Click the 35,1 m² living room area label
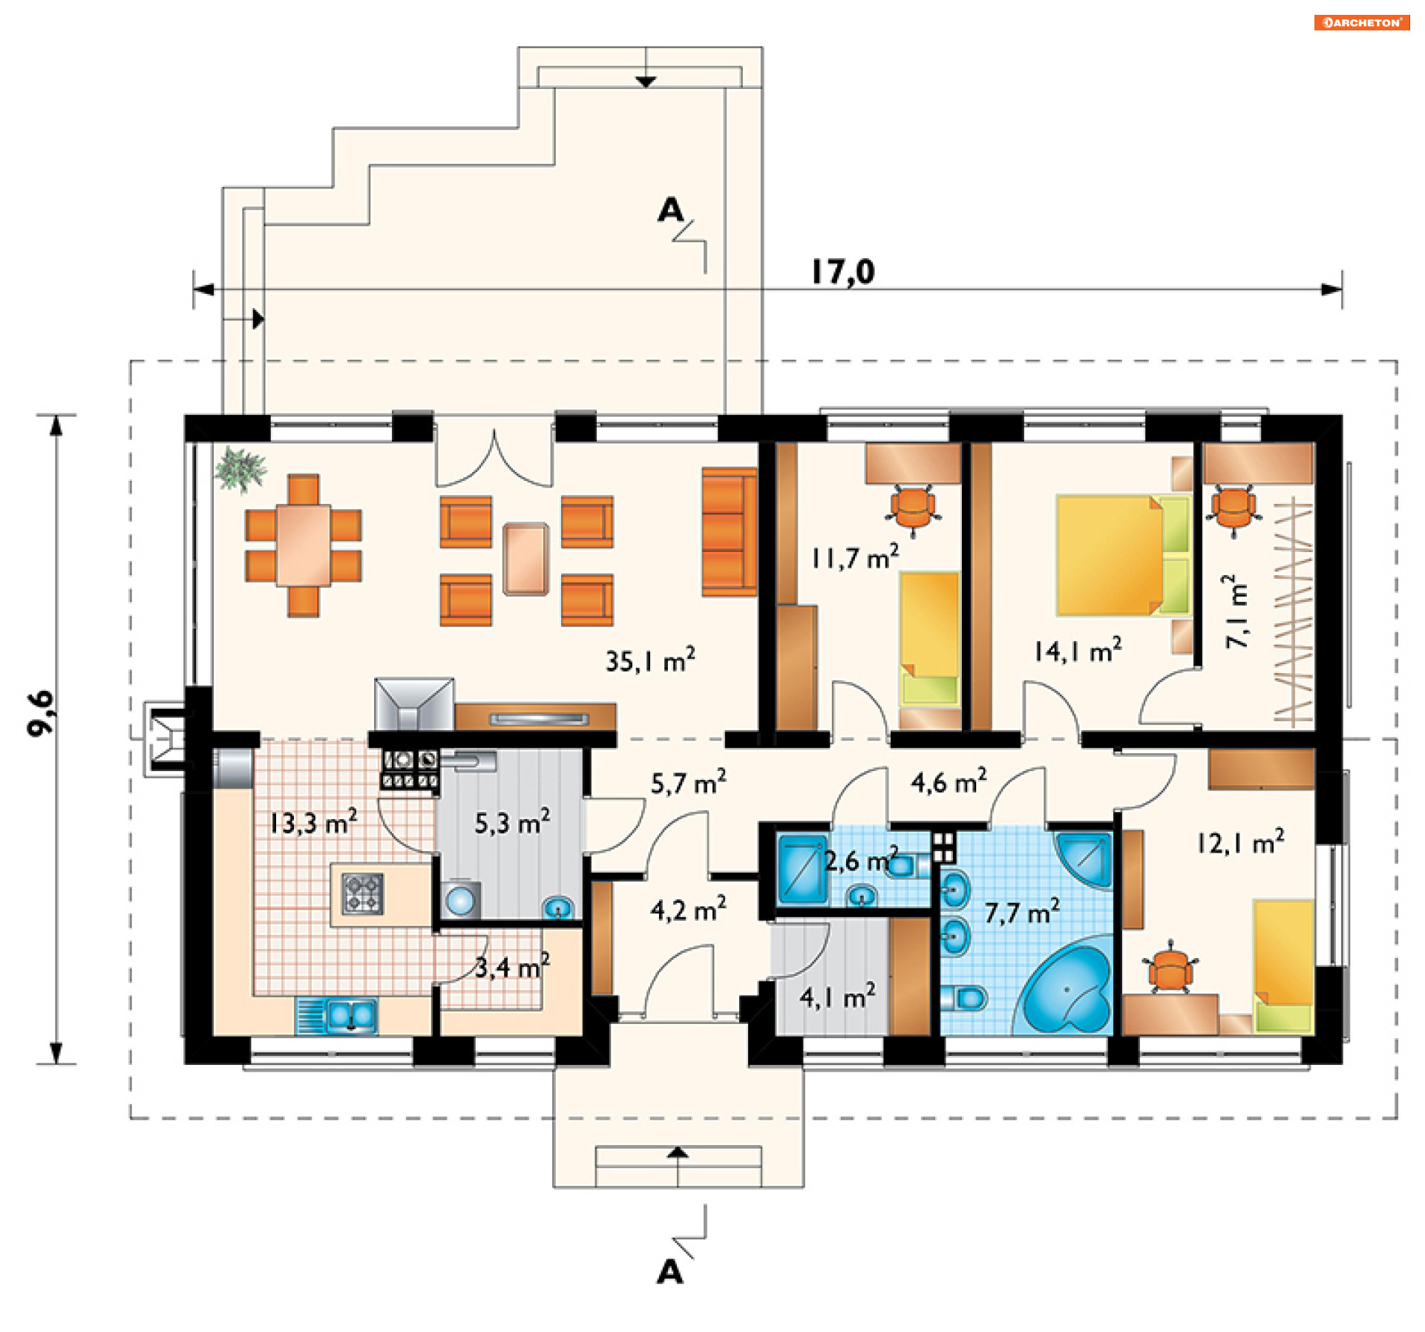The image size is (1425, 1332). click(650, 660)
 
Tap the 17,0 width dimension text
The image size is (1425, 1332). click(842, 272)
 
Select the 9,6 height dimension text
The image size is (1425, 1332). click(42, 713)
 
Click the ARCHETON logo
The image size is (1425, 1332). click(1362, 22)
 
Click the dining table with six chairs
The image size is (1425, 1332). click(304, 545)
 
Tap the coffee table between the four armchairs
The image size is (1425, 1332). click(526, 560)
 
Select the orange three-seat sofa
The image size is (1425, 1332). click(729, 532)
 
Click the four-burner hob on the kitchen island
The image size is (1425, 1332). click(362, 893)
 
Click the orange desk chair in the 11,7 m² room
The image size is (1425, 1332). click(914, 509)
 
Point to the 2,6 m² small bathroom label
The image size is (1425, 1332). click(861, 860)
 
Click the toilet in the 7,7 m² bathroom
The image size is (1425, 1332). click(966, 998)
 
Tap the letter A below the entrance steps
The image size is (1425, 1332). click(669, 1272)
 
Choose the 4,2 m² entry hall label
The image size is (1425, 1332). click(688, 909)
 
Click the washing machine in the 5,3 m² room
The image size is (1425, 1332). click(460, 900)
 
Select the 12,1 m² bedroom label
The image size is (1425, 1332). click(1240, 842)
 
